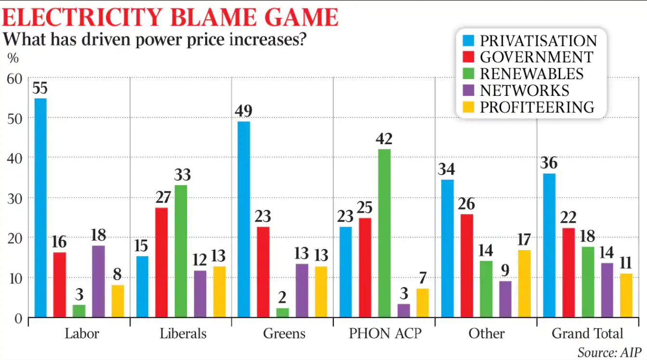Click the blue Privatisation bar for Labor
pyautogui.click(x=40, y=207)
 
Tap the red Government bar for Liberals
pyautogui.click(x=161, y=262)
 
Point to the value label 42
pyautogui.click(x=384, y=139)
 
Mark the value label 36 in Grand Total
pyautogui.click(x=549, y=163)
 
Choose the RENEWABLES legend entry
pyautogui.click(x=531, y=74)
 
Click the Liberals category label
pyautogui.click(x=183, y=333)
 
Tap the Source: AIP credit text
pyautogui.click(x=609, y=352)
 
